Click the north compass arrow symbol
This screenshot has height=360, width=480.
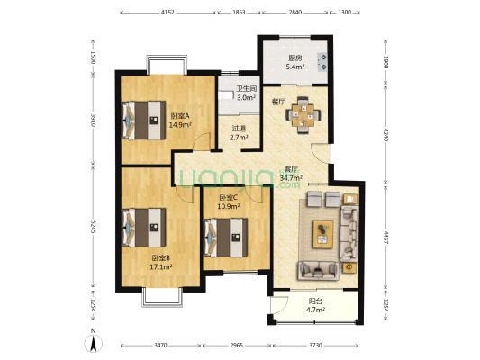coord(93,344)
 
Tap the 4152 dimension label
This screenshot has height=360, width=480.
coord(168,13)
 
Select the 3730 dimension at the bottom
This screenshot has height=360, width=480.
coord(315,346)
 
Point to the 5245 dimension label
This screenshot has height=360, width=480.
coord(93,227)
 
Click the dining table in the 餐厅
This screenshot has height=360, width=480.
coord(303,115)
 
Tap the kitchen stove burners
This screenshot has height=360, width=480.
coord(322,62)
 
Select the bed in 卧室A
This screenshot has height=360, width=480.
coord(143,121)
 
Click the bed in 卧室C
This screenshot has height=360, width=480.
coord(226,238)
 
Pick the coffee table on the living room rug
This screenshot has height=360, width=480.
coord(323,234)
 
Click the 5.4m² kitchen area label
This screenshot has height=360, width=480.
coord(295,67)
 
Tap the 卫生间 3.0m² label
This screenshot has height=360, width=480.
coord(247,94)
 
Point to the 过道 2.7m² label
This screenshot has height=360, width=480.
coord(239,133)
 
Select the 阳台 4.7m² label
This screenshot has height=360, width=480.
coord(315,306)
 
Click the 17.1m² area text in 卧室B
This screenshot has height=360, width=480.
coord(160,267)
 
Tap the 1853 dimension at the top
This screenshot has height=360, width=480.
coord(239,13)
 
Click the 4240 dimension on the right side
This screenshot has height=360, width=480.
coord(385,135)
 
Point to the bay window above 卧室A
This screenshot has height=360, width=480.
coord(167,65)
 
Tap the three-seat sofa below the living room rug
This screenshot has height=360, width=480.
coord(319,271)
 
